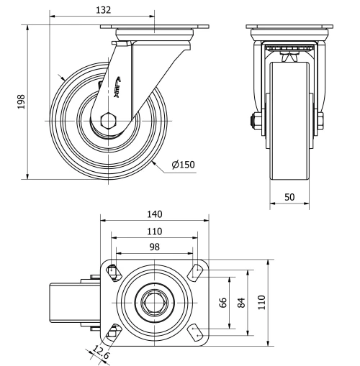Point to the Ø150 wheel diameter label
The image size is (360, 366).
pos(184,165)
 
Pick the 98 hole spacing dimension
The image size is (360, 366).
pos(155,247)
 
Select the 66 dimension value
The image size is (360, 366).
pos(224,302)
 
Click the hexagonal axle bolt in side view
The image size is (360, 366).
pos(109,120)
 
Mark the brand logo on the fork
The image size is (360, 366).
pos(117,87)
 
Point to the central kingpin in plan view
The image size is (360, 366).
pos(153,301)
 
